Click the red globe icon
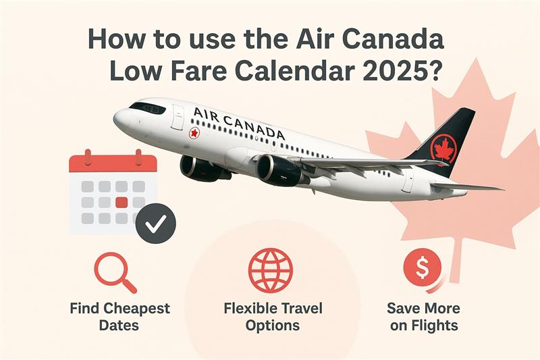270,270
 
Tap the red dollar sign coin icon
423,269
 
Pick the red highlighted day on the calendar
122,202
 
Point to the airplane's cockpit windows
147,107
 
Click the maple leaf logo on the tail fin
443,148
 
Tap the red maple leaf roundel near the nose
195,132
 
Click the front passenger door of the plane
177,118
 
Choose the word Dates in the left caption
119,326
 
